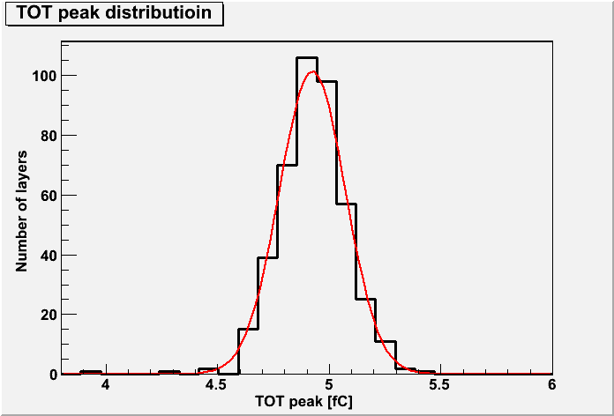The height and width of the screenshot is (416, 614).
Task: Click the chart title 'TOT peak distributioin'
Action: pos(114,13)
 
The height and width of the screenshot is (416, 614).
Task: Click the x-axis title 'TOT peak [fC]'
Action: pos(306,401)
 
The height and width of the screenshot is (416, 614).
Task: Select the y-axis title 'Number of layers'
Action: pos(21,211)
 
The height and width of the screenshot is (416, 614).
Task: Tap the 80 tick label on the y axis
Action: pos(48,136)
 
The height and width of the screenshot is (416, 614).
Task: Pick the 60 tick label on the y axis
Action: pos(48,196)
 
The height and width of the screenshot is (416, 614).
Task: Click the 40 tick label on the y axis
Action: pos(48,256)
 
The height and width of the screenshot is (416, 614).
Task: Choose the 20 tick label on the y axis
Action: pos(48,315)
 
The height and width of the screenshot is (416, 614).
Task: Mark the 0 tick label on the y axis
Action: pos(52,375)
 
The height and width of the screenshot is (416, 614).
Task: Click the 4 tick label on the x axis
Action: pos(105,385)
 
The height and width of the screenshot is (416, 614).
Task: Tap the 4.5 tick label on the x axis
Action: pos(217,385)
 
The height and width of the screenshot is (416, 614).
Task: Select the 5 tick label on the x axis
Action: pos(329,385)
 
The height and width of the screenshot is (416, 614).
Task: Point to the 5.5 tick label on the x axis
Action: pos(441,385)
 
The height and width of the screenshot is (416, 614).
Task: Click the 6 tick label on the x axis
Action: pos(552,385)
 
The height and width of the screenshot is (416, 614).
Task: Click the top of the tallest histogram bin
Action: pos(307,57)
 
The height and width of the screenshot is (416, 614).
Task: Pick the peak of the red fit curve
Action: pos(312,71)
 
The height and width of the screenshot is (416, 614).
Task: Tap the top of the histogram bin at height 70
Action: pos(287,165)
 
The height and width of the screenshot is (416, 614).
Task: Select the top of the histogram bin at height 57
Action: pos(347,204)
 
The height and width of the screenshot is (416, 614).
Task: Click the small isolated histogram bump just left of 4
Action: pos(91,372)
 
